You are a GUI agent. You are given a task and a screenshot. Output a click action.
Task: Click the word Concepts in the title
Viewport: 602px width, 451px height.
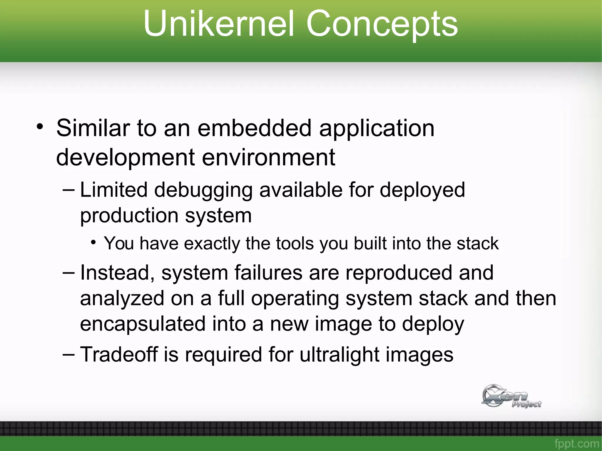pos(382,25)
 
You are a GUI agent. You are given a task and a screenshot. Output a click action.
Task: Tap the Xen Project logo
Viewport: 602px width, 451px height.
pos(511,396)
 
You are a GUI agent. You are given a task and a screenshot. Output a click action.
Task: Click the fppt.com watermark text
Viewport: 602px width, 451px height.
pos(577,444)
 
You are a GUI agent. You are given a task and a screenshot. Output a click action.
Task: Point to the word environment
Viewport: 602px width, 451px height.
pos(268,157)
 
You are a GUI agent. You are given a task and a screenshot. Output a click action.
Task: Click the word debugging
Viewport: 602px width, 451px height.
pos(203,190)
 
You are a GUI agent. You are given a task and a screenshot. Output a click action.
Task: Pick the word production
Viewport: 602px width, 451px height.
pos(129,215)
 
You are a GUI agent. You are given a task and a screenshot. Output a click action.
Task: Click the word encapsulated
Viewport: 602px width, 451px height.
pos(143,324)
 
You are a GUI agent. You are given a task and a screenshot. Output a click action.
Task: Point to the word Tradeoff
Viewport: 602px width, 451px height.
pos(119,354)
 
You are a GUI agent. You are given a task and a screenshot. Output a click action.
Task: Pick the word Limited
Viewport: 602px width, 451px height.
pos(113,190)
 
